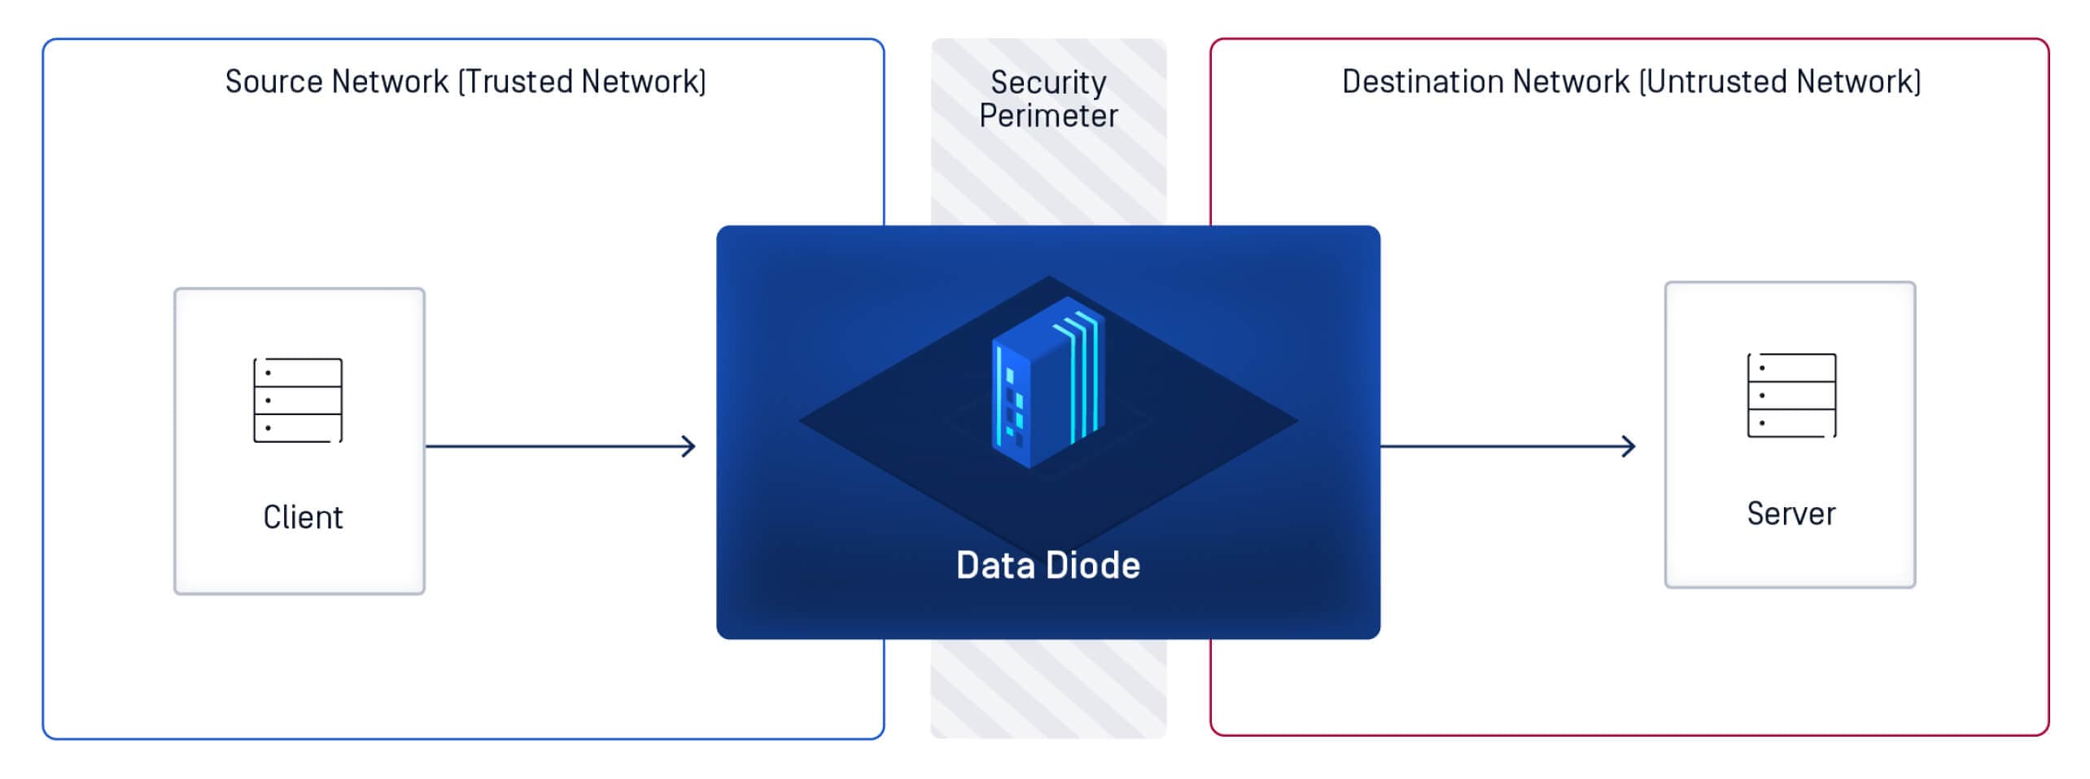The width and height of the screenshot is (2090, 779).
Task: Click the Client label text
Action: click(303, 517)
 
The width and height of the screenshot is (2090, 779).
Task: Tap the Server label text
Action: click(1791, 514)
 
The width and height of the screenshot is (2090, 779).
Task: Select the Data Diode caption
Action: click(1048, 565)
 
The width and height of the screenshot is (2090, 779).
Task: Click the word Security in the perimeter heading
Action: click(1048, 83)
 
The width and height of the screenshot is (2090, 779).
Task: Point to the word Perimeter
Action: click(1048, 116)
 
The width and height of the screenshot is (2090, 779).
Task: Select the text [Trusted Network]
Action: click(582, 81)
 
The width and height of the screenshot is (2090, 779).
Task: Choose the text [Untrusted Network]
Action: click(1779, 81)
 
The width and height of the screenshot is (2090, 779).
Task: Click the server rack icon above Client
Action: click(298, 400)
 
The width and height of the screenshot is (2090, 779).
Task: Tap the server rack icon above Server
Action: click(1791, 396)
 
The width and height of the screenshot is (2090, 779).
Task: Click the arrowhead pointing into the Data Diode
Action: click(689, 446)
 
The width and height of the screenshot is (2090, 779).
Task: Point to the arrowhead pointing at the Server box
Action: click(1629, 446)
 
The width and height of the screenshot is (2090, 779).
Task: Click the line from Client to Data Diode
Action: click(561, 446)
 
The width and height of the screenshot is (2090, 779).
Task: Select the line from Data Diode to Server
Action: click(1508, 446)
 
